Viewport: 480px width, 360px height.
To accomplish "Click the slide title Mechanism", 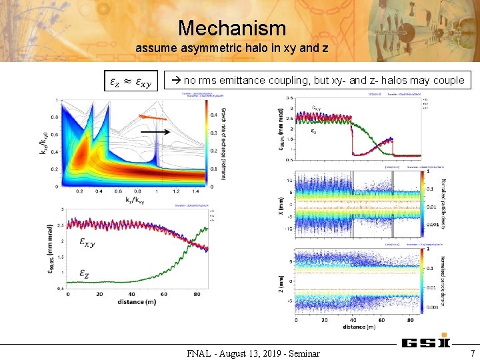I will (232, 28).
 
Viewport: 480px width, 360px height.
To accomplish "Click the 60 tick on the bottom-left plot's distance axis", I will (163, 295).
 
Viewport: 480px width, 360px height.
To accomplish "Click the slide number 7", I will (472, 353).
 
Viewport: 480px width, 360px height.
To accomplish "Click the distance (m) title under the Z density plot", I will (358, 326).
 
